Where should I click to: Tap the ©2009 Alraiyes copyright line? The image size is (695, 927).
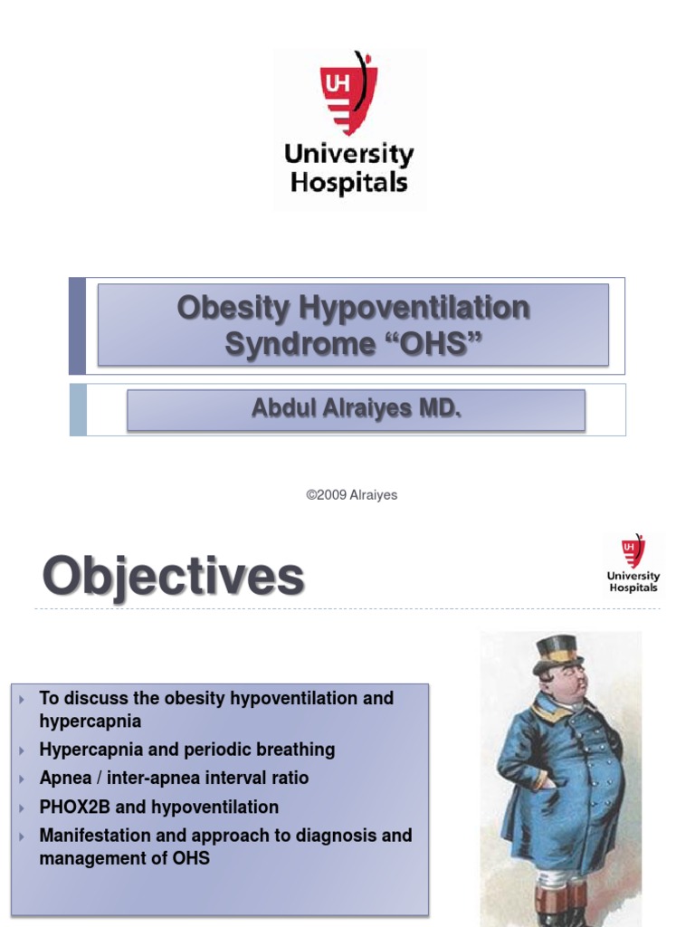point(352,495)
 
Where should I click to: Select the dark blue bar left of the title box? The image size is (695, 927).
point(78,326)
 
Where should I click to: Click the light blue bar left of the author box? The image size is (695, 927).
point(78,409)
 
